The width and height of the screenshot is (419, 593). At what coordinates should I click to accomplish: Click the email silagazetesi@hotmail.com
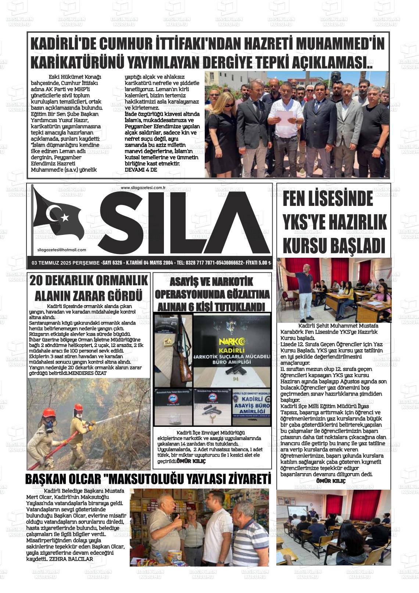pos(62,250)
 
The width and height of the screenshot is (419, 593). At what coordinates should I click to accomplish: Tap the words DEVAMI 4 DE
pos(141,170)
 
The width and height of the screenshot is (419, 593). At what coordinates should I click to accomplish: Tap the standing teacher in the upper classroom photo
pos(304,290)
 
